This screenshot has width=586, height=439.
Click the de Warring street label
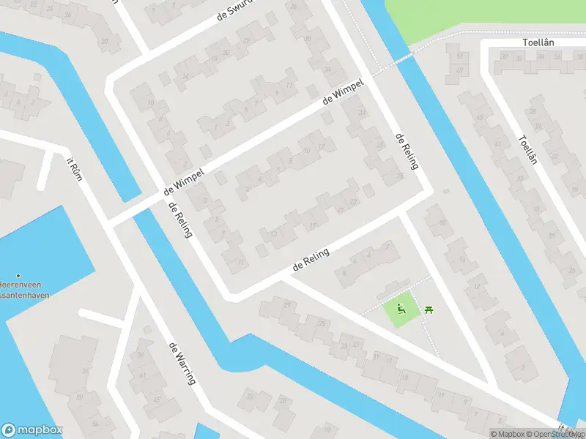(x=182, y=363)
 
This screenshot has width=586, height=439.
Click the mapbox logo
(x=32, y=430)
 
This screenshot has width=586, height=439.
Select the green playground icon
(x=401, y=310)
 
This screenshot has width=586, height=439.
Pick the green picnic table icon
(x=429, y=310)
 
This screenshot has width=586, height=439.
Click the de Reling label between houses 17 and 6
(x=311, y=260)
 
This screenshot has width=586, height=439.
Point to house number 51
(x=460, y=56)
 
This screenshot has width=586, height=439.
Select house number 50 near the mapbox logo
(x=79, y=397)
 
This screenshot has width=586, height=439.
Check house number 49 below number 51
(x=459, y=70)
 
